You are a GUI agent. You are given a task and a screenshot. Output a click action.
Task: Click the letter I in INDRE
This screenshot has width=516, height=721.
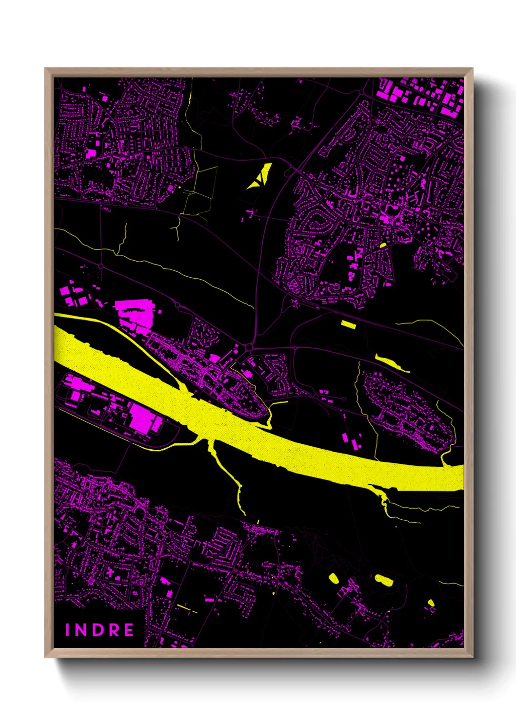click(x=68, y=630)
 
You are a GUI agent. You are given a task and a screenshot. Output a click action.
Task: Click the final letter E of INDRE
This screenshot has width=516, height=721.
click(x=129, y=630)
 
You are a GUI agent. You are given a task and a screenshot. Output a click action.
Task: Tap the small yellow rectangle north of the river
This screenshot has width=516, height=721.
click(x=348, y=323)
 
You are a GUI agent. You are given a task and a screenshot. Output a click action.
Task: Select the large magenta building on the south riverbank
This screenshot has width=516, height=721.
click(x=144, y=417)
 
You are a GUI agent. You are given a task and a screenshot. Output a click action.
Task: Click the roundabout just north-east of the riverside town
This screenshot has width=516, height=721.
click(x=250, y=347)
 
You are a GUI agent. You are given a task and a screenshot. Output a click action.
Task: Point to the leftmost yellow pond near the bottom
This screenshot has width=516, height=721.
click(x=334, y=578)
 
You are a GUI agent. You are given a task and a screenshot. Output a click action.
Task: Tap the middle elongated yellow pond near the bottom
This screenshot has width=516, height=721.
click(x=384, y=580)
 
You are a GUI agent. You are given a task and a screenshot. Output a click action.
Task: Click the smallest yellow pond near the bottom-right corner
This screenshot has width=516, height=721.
click(x=431, y=603)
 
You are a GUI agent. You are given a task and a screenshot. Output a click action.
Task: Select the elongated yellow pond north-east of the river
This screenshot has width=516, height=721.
click(x=392, y=362)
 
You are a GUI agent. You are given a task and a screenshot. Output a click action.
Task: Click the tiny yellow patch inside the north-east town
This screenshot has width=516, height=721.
click(x=383, y=245)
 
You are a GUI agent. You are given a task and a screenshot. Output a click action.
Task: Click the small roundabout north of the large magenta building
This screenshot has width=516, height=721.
click(x=178, y=305)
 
